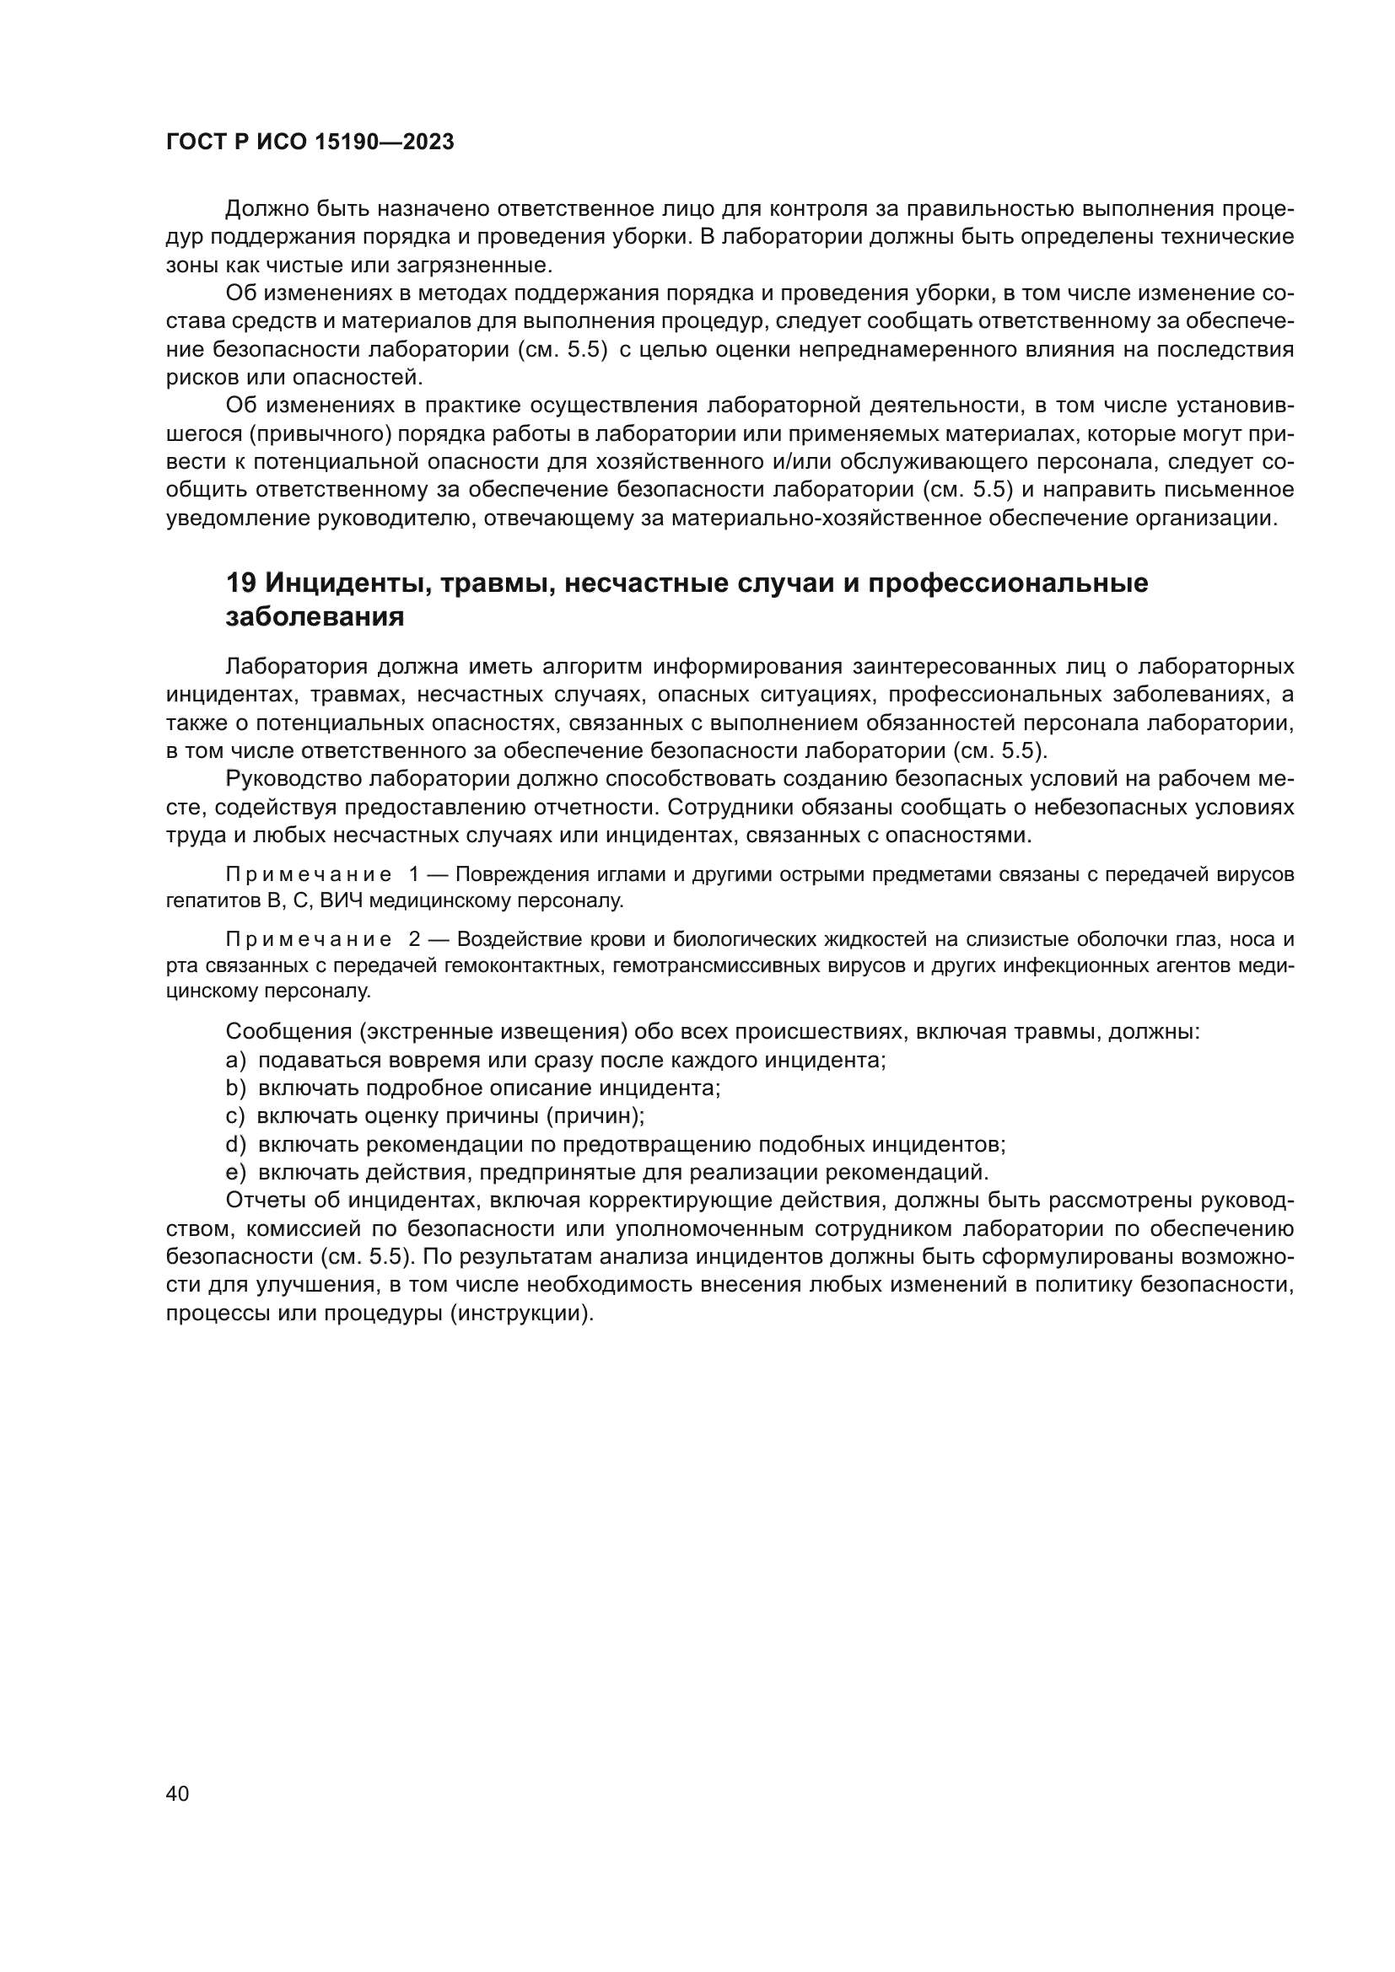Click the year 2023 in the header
428,142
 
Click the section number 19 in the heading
240,583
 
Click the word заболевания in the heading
315,616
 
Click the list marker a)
235,1060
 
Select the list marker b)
235,1088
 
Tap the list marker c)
235,1115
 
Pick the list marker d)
235,1144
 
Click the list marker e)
235,1173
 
